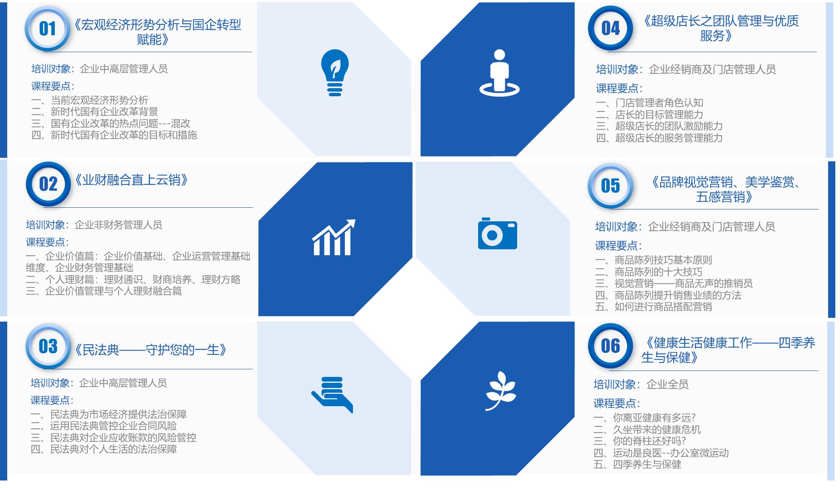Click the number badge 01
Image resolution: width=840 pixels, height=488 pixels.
tap(48, 29)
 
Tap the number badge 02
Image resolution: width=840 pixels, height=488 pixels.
tap(48, 184)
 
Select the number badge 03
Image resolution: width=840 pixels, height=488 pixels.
tap(48, 346)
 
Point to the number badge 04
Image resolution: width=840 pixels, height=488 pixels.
tap(610, 28)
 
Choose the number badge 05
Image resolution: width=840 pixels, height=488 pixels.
tap(610, 186)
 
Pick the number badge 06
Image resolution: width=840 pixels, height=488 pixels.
tap(610, 346)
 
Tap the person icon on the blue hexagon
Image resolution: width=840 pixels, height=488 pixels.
tap(499, 73)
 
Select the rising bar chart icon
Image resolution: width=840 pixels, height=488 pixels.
tap(334, 237)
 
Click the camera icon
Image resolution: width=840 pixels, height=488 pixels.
tap(497, 234)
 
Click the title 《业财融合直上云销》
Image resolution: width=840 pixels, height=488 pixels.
tap(131, 180)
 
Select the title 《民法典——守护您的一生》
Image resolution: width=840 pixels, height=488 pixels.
tap(150, 350)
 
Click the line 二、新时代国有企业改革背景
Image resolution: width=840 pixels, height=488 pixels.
tap(95, 112)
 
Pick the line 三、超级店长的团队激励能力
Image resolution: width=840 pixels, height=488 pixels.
tap(659, 126)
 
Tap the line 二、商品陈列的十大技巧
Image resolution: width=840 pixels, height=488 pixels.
tap(649, 272)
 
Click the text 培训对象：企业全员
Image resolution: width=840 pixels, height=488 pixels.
tap(641, 385)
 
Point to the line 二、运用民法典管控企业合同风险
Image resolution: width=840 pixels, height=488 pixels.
tap(104, 426)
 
